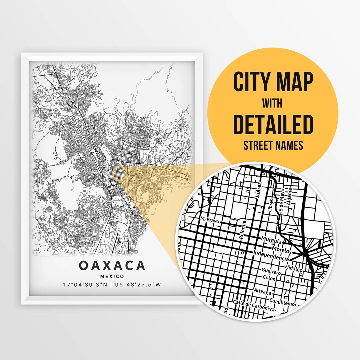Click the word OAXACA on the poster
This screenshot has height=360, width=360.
click(112, 266)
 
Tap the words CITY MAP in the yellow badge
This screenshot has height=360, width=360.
click(273, 82)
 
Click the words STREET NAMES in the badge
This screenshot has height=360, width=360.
click(273, 145)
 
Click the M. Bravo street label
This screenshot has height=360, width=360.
click(209, 219)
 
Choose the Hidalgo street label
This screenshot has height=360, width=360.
click(294, 269)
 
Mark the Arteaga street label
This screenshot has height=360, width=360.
click(262, 291)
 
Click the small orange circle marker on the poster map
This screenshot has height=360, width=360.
click(119, 174)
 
